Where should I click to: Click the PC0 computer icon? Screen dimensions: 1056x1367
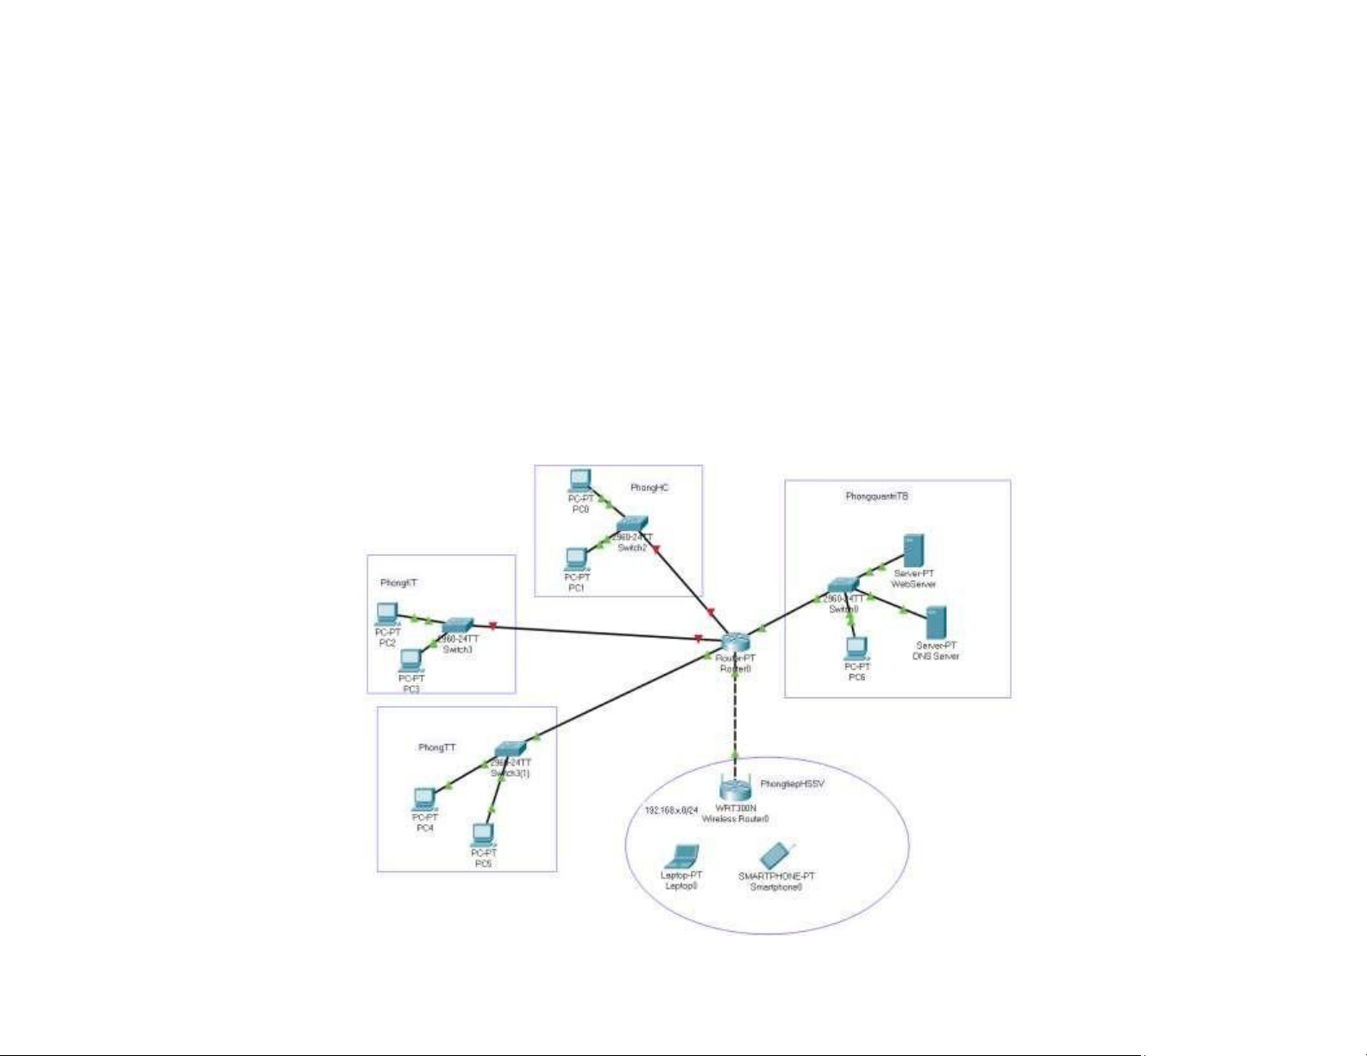click(580, 480)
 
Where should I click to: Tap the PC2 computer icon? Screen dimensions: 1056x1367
click(387, 614)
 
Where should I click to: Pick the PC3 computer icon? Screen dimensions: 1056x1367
click(411, 660)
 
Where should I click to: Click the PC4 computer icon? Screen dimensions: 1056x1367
click(424, 799)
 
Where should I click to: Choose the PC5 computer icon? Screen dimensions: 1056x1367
click(483, 834)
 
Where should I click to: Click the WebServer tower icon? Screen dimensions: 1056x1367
click(913, 550)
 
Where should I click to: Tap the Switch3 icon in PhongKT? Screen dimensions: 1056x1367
click(457, 626)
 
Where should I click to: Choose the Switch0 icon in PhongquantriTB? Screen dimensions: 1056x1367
click(843, 586)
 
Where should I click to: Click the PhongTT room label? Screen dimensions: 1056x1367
click(436, 747)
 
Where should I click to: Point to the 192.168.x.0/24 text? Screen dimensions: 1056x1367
click(672, 811)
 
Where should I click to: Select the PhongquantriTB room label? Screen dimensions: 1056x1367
click(877, 497)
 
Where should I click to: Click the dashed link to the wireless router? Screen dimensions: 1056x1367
click(735, 715)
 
